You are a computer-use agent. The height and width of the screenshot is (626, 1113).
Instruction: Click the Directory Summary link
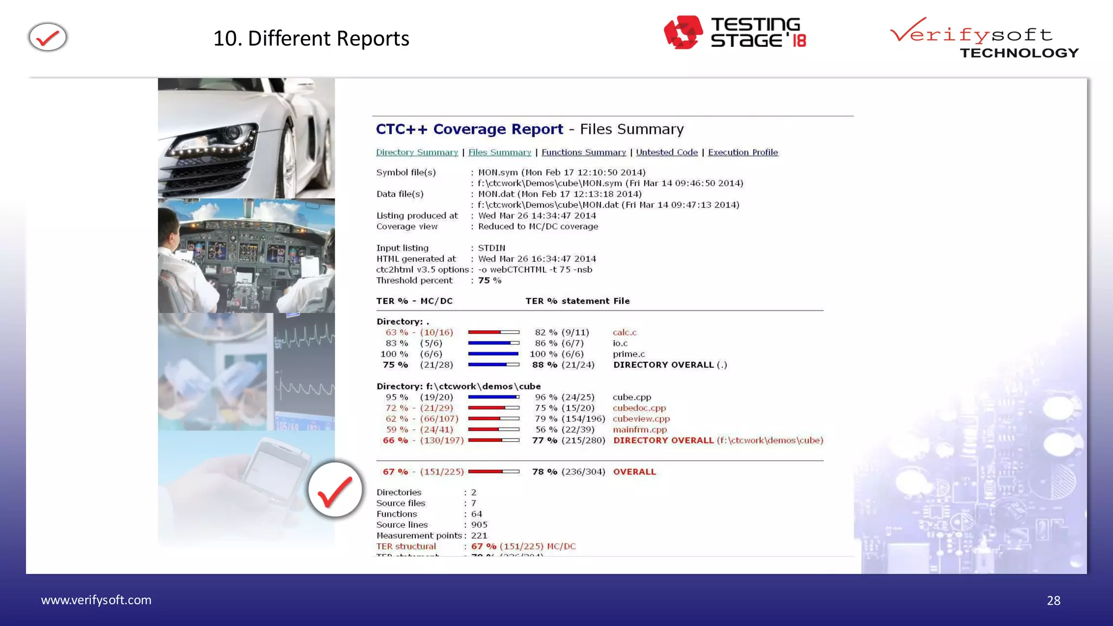coord(417,153)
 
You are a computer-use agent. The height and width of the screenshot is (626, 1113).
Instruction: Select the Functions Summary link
coord(584,153)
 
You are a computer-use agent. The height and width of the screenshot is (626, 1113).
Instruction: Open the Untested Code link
coord(667,153)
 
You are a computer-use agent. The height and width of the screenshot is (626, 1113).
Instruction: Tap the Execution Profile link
coord(743,153)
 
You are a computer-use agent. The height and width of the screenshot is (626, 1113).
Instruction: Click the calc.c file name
coord(624,333)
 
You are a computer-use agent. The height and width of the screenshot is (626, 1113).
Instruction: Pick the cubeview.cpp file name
coord(641,419)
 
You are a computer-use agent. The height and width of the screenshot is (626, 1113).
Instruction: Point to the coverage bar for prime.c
coord(493,354)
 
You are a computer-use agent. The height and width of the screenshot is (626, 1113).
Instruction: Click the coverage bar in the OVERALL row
coord(493,472)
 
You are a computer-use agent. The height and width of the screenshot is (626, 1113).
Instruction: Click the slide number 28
coord(1053,600)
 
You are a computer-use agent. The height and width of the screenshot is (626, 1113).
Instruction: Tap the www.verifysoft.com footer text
coord(96,600)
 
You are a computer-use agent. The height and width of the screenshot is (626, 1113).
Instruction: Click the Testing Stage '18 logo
coord(735,33)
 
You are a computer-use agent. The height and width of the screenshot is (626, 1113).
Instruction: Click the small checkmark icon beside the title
coord(48,37)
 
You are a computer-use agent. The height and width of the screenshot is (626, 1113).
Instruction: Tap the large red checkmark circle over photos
coord(335,490)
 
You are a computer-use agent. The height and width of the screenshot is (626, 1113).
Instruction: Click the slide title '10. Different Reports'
coord(311,39)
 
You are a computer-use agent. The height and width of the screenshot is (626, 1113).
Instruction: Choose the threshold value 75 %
coord(490,280)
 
